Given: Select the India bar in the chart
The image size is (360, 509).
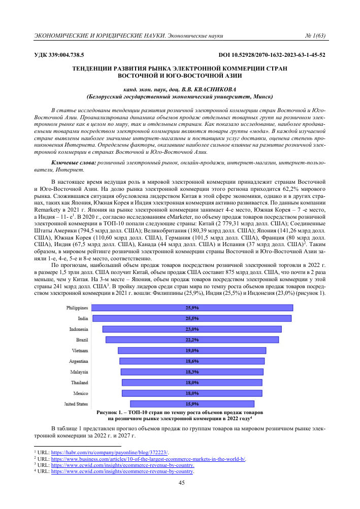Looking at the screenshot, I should coord(192,318).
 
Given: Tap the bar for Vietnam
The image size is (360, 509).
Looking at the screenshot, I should coord(192,350).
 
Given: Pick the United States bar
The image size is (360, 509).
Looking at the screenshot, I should coord(192,404).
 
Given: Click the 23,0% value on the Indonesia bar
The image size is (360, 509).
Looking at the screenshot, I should coord(192,329).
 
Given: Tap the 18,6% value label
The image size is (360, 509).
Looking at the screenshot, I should coord(192,361).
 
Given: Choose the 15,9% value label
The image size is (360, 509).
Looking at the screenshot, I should coord(192,404).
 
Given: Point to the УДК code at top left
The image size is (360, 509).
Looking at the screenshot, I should coord(59,54).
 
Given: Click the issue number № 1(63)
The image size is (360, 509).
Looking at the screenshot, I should coord(314,36).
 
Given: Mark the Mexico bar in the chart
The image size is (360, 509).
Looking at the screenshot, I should coord(192,393).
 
